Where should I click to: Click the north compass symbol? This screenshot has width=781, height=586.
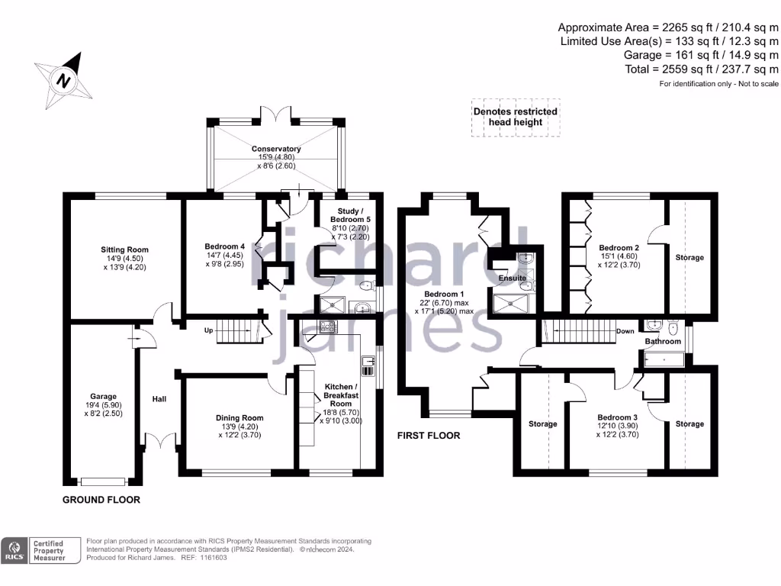(x=64, y=79)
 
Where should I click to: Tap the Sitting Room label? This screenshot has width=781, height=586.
(x=124, y=250)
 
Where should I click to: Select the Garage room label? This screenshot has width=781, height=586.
(x=103, y=396)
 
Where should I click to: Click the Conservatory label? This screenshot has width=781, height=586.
(x=276, y=149)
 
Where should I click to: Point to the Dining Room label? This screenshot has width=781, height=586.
(x=239, y=418)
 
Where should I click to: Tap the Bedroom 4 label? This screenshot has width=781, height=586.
(x=225, y=246)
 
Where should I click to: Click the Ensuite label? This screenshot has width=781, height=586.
(x=513, y=279)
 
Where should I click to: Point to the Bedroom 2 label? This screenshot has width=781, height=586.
(x=619, y=249)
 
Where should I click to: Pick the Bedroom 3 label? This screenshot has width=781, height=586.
(x=618, y=417)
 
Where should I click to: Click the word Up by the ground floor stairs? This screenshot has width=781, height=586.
(x=207, y=330)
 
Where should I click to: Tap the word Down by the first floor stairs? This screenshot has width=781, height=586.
(x=625, y=331)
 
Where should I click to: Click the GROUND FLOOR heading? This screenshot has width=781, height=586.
(x=101, y=501)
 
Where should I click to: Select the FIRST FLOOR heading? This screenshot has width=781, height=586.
(x=429, y=436)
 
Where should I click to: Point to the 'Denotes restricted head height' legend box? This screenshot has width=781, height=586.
(x=516, y=117)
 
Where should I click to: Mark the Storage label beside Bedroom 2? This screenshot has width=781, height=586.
(x=689, y=258)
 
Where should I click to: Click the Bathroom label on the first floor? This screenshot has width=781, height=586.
(x=662, y=341)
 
